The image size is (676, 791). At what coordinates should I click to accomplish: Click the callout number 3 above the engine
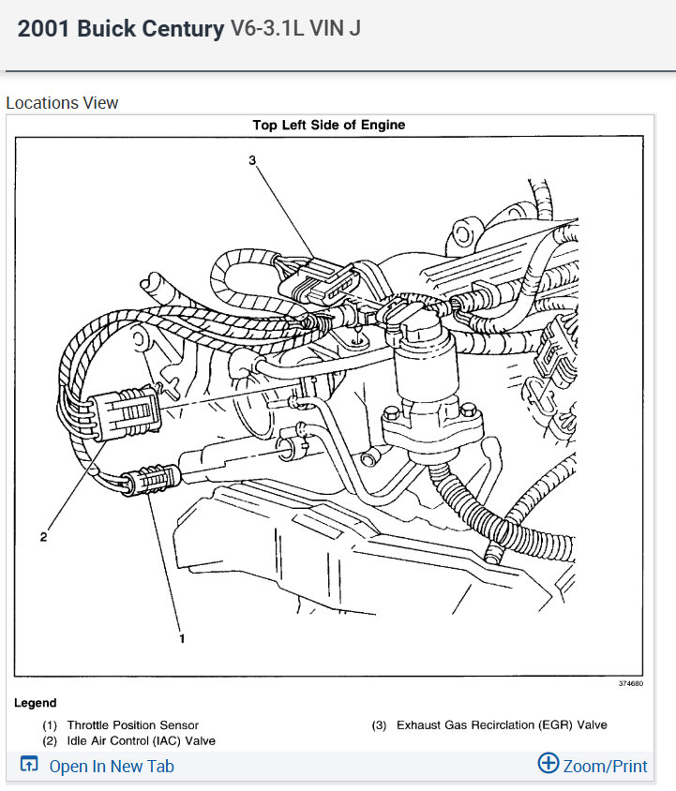click(252, 160)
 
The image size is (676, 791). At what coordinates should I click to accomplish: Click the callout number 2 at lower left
click(43, 537)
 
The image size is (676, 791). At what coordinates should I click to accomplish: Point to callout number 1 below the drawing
click(182, 639)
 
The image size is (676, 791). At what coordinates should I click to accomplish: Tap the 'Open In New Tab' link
click(112, 766)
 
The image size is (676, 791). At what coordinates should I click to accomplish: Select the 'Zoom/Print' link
click(605, 766)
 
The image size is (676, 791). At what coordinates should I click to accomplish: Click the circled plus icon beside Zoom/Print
click(548, 763)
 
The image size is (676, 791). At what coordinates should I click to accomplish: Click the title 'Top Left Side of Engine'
click(328, 125)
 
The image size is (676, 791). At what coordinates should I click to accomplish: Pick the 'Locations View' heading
click(62, 103)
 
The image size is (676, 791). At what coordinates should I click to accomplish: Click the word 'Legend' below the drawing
click(36, 703)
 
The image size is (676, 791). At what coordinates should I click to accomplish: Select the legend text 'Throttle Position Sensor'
click(132, 725)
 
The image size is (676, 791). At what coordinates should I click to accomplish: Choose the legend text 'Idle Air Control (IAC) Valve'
click(141, 741)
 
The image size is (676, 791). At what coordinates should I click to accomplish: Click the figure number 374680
click(630, 684)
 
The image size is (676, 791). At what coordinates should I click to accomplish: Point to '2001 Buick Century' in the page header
click(121, 29)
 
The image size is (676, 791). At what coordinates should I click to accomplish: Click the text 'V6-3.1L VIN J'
click(295, 29)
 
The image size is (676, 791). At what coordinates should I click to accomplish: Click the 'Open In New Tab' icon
click(29, 765)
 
